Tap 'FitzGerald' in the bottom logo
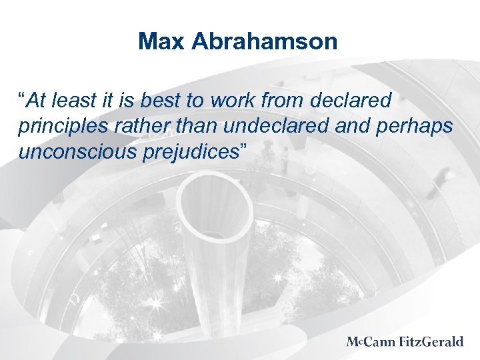tap(431, 342)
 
